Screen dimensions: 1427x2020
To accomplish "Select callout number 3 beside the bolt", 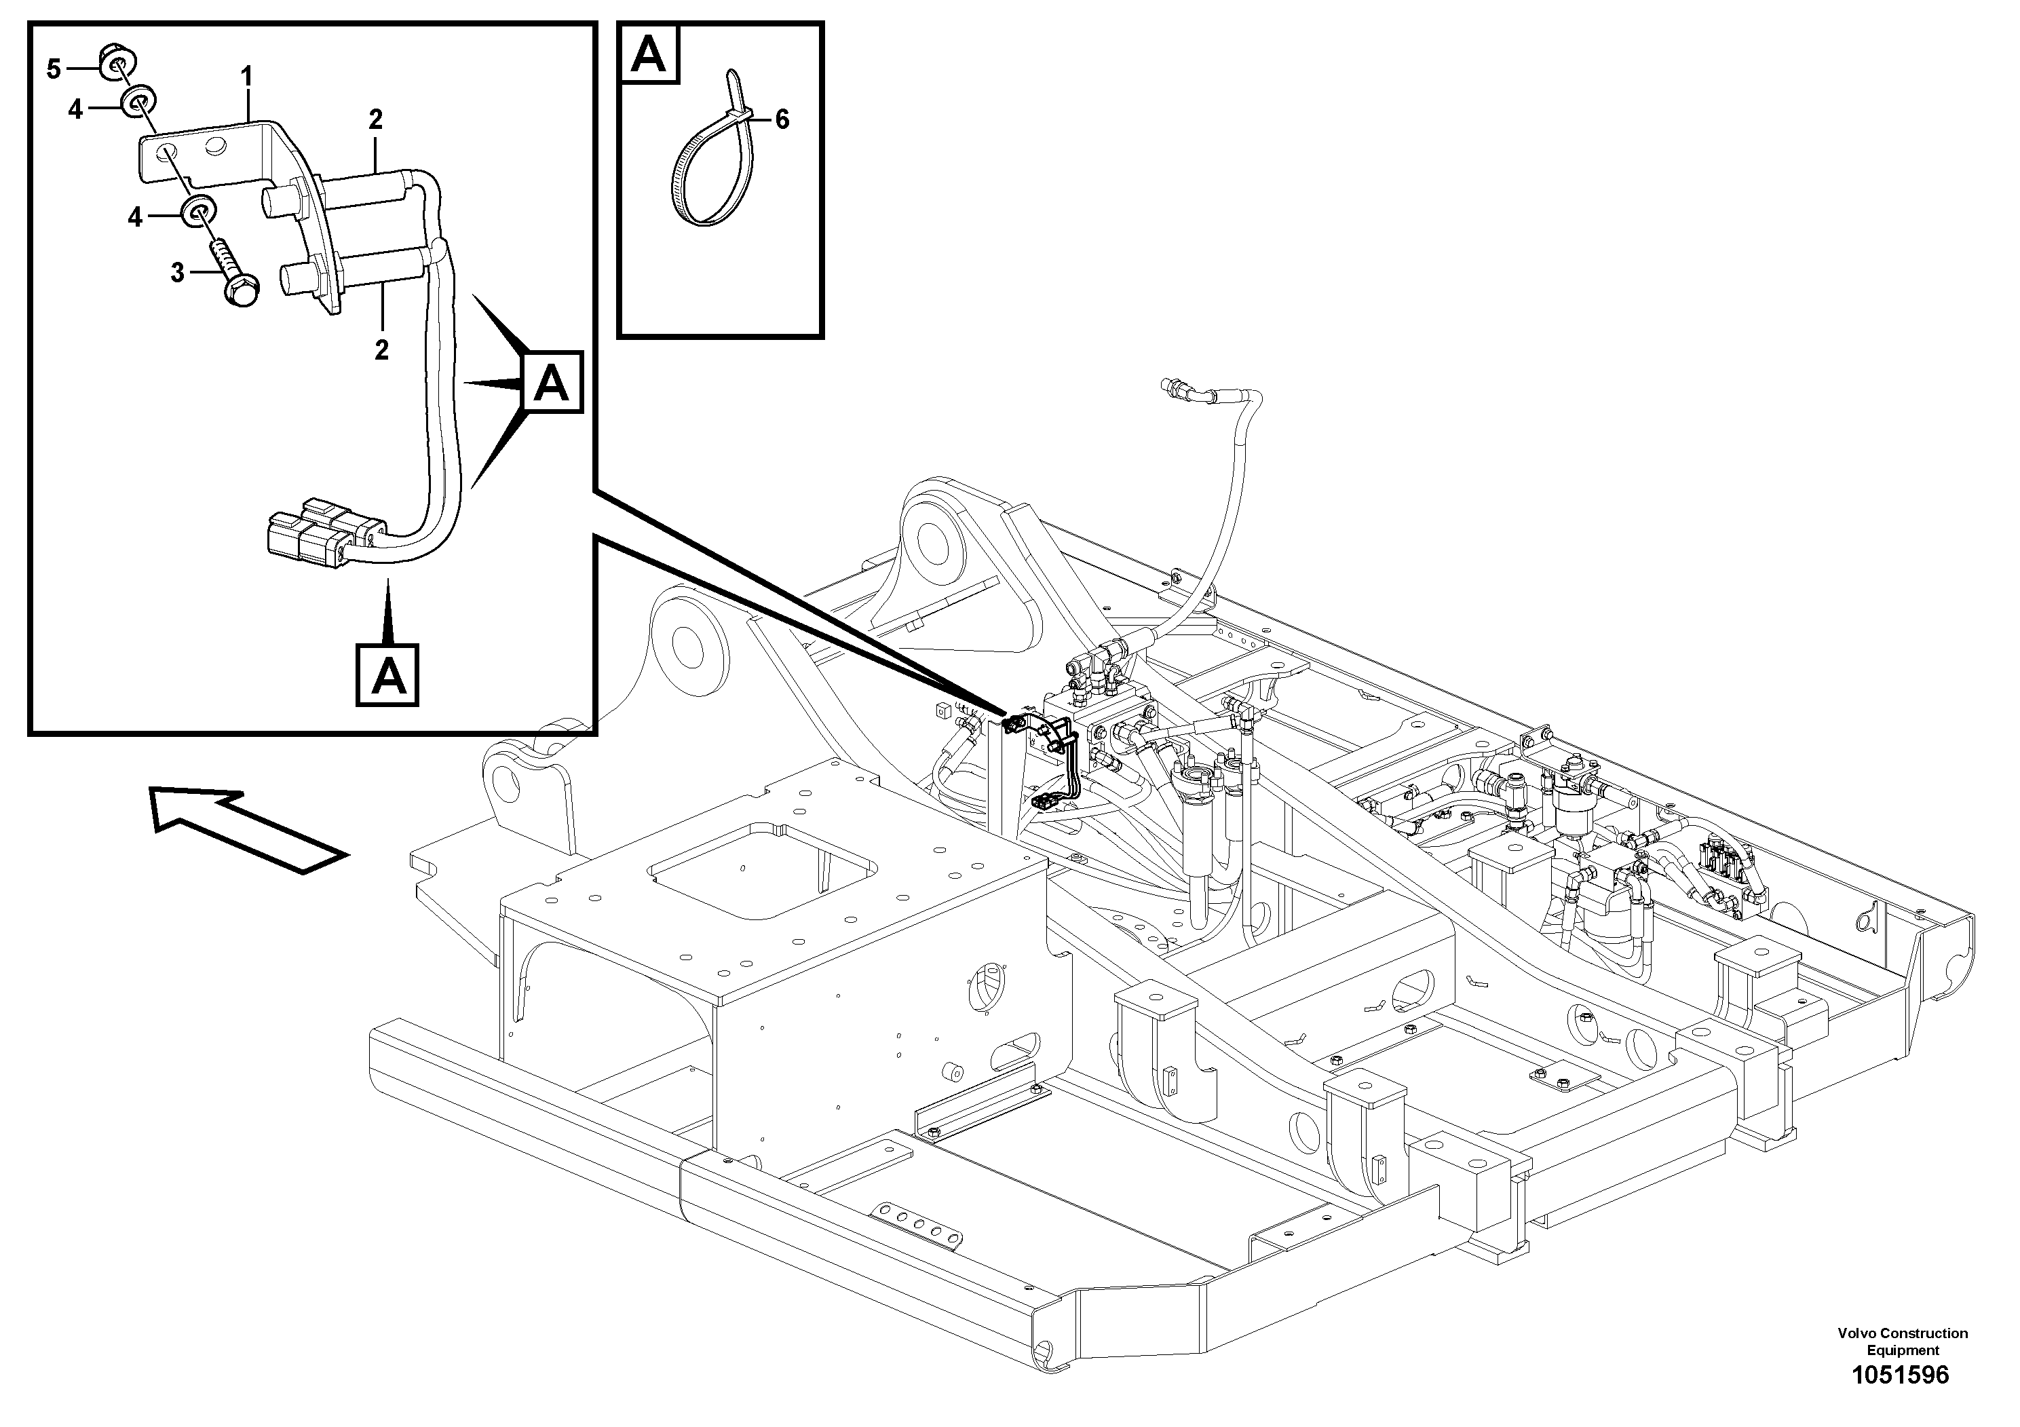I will [178, 273].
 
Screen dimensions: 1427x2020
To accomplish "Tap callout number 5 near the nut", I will [54, 69].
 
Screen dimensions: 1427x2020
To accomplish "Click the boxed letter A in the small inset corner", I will [649, 54].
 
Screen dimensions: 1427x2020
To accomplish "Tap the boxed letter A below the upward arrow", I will [387, 676].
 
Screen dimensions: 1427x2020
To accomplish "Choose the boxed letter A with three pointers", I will [552, 383].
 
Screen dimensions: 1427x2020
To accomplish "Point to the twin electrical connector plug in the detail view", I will [321, 537].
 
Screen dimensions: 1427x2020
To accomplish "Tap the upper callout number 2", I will [376, 119].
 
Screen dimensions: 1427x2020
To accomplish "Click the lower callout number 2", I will [381, 350].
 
